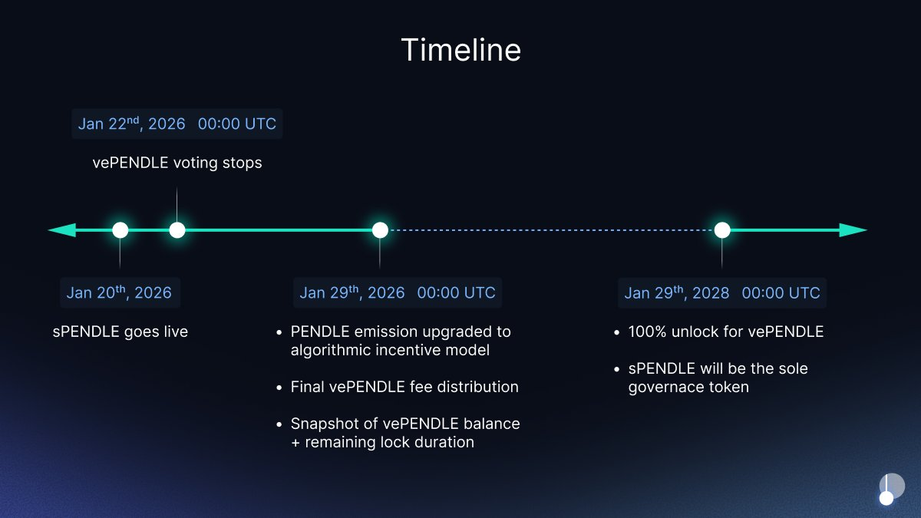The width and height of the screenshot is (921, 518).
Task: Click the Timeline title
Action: click(461, 50)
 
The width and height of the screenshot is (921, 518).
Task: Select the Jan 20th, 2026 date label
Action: click(120, 292)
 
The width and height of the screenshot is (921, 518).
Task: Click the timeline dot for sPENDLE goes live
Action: click(120, 230)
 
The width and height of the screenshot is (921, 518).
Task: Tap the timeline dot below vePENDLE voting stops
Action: click(177, 230)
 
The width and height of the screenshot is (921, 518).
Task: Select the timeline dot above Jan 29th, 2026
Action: click(380, 230)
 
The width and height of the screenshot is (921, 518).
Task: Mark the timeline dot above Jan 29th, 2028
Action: click(722, 230)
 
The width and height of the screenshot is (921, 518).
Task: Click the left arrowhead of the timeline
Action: click(61, 230)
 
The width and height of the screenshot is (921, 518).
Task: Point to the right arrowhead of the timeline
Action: click(853, 230)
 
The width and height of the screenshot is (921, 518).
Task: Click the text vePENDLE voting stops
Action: click(177, 163)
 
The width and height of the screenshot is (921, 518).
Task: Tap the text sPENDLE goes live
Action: click(120, 332)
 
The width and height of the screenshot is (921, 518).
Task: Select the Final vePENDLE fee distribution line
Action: click(404, 387)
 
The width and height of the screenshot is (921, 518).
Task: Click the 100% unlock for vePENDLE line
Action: click(726, 332)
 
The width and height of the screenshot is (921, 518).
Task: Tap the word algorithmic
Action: click(330, 351)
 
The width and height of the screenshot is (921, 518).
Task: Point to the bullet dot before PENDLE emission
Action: click(279, 332)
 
